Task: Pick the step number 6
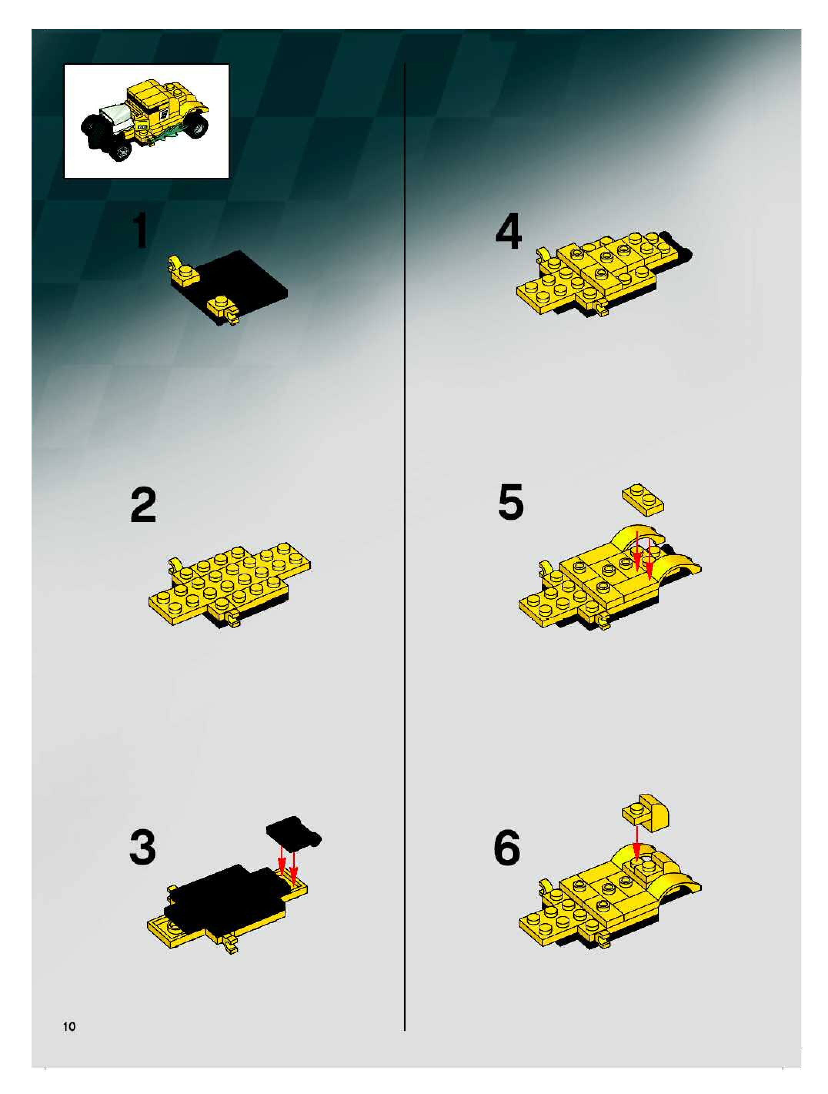click(x=507, y=848)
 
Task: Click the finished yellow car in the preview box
click(x=144, y=120)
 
